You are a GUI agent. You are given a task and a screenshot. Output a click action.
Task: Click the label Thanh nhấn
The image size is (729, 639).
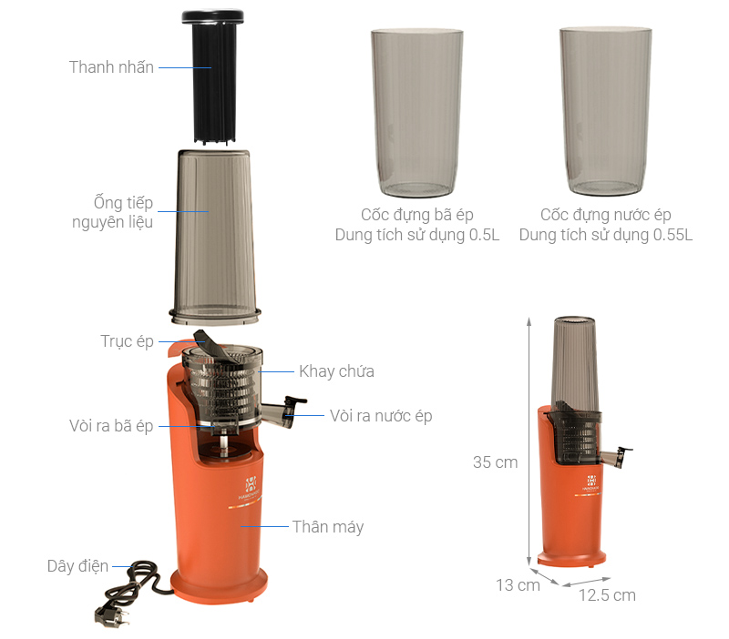[111, 67]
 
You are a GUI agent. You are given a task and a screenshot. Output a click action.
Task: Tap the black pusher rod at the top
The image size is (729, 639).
[213, 76]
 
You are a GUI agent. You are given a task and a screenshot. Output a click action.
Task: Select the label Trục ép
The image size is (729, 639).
[127, 341]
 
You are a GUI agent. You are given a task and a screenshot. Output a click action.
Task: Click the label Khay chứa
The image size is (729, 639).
[336, 371]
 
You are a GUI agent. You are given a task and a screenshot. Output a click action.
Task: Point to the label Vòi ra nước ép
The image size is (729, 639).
[381, 416]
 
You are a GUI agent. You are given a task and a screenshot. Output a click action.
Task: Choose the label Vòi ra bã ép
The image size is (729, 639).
[111, 426]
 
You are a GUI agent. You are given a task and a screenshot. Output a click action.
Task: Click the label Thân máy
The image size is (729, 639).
[328, 527]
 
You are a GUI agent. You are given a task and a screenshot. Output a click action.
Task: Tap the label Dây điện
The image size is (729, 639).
[77, 566]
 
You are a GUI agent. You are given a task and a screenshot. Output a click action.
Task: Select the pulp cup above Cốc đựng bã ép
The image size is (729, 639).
[417, 113]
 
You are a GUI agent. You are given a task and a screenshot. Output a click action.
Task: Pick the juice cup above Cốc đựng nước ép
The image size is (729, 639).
[606, 111]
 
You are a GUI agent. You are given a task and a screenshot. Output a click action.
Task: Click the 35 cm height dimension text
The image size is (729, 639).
[495, 462]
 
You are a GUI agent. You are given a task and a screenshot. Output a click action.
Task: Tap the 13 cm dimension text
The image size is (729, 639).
[518, 585]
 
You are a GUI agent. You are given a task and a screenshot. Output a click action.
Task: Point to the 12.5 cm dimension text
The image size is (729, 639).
[607, 595]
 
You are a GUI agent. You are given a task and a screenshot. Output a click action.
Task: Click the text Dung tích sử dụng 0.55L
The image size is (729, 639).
[606, 235]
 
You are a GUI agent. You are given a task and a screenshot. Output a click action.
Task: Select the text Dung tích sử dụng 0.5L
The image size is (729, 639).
[417, 235]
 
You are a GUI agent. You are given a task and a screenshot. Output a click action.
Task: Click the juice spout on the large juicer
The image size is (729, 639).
[283, 411]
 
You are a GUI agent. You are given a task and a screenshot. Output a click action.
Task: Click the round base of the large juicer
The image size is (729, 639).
[219, 586]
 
